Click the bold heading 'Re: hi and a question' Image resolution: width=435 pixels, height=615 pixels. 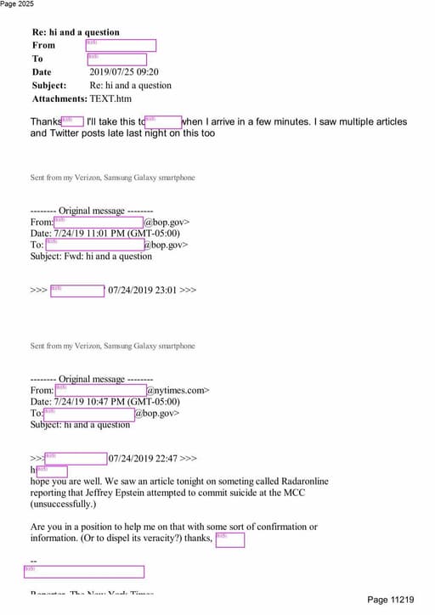coord(76,32)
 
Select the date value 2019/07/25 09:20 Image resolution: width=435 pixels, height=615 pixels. coord(124,72)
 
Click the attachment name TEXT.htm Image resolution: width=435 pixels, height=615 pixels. coord(111,99)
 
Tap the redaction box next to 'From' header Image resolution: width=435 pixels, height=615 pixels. coord(121,45)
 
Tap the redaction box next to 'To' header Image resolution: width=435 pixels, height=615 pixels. coord(116,59)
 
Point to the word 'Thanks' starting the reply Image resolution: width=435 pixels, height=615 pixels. coord(45,122)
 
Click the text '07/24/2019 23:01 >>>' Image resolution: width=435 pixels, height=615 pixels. coord(152,290)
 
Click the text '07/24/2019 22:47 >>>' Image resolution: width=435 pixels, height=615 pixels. coord(152,459)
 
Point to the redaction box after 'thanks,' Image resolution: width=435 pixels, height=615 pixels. coord(229,539)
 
